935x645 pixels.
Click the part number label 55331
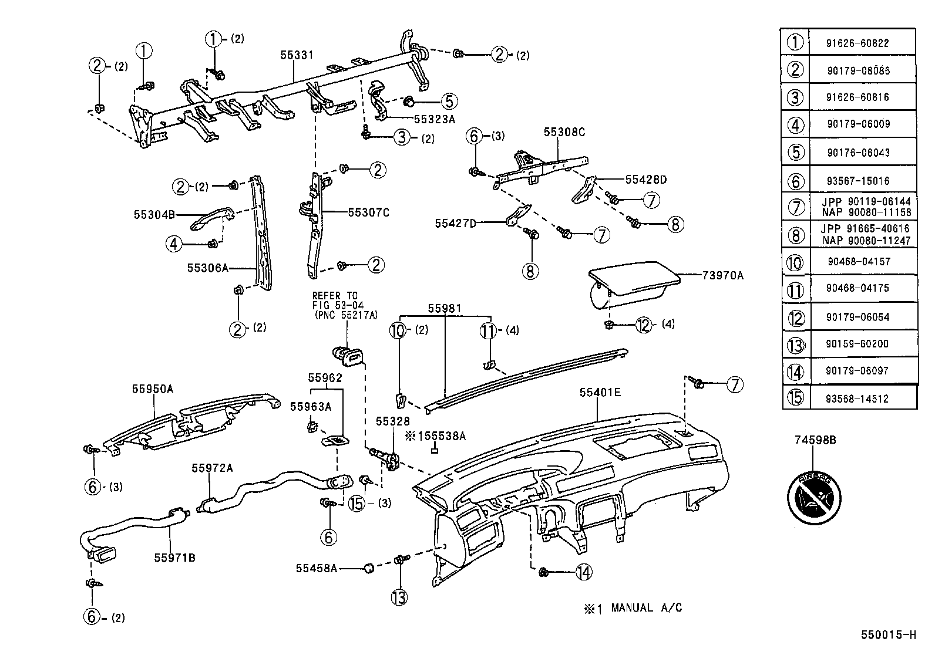tap(297, 55)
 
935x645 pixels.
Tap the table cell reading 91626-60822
tap(862, 43)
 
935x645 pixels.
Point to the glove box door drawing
tap(634, 288)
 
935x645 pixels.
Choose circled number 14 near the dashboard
tap(583, 572)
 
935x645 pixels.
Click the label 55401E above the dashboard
tap(600, 393)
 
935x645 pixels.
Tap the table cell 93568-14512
tap(862, 399)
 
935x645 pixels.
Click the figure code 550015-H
tap(889, 634)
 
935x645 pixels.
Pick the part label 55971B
tap(175, 558)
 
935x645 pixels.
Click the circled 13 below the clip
tap(399, 597)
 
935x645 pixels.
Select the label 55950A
tap(152, 389)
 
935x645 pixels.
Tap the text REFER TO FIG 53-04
tap(338, 300)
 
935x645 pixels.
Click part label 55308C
tap(564, 133)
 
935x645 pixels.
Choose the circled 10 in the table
tap(795, 262)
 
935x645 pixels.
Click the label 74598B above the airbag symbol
tap(815, 439)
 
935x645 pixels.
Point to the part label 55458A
tap(317, 568)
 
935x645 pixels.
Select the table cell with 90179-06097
tap(862, 371)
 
